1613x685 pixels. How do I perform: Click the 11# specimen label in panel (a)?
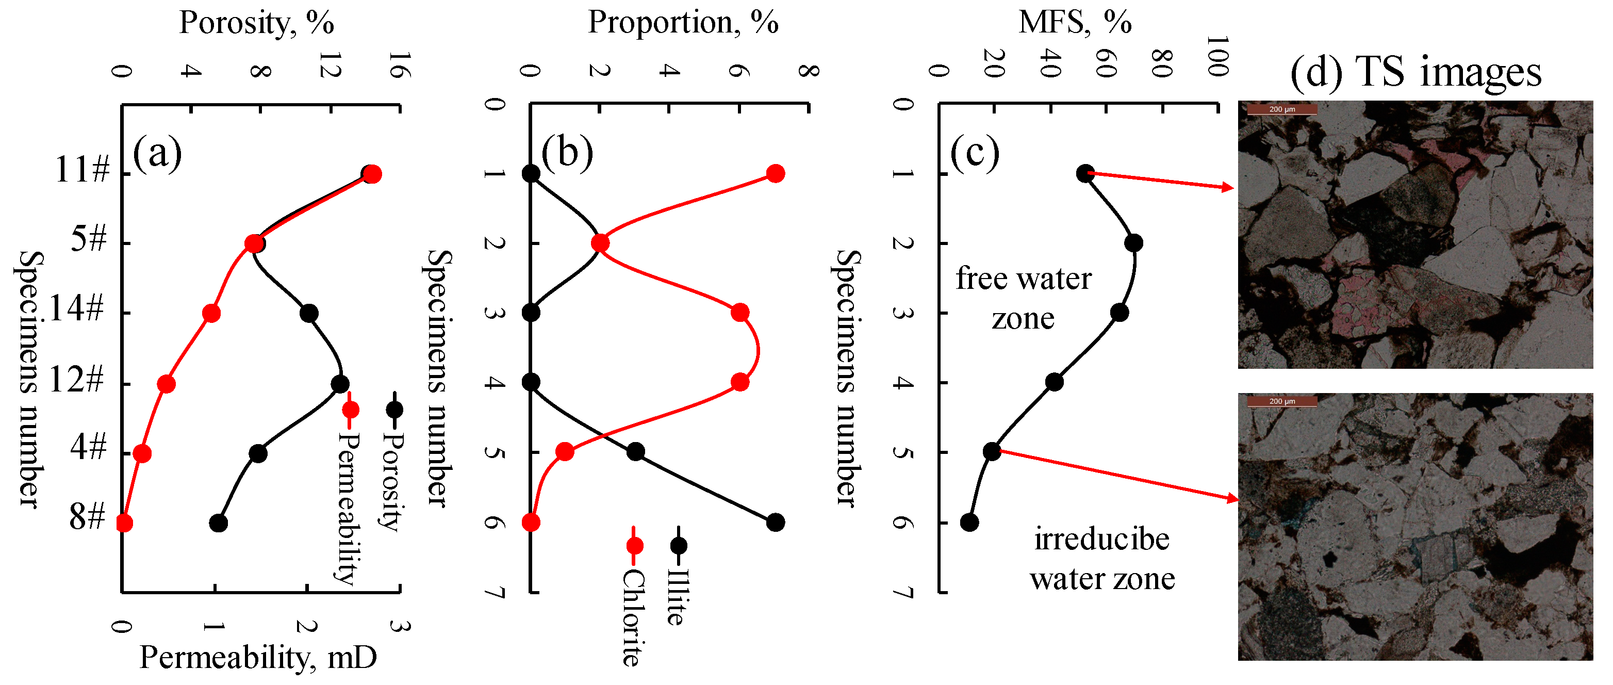(82, 169)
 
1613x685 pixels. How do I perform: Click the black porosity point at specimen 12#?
(340, 384)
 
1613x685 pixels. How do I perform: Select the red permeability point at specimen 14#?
(211, 313)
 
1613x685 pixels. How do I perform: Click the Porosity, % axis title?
(257, 23)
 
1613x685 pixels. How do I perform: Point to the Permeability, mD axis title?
(258, 658)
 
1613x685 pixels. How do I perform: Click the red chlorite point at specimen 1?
(775, 173)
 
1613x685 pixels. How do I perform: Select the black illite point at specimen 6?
(775, 521)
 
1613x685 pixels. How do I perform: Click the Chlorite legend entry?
(632, 601)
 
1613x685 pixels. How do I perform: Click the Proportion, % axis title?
(683, 23)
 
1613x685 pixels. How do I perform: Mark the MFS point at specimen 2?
(1133, 243)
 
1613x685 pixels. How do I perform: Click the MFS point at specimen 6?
(969, 521)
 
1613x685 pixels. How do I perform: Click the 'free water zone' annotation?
(1023, 298)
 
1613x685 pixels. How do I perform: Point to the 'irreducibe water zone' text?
(1102, 559)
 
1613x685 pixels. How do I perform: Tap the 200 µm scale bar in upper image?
(1282, 109)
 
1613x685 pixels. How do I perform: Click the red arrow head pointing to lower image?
(1232, 498)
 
